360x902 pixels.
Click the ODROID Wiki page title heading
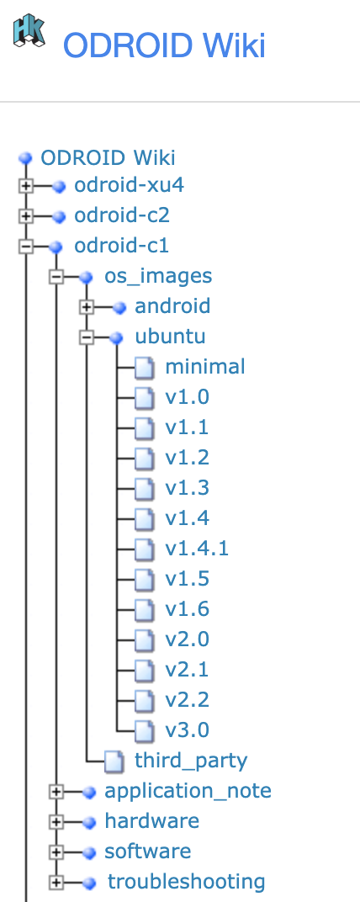(x=164, y=45)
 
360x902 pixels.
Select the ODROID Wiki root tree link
(x=108, y=158)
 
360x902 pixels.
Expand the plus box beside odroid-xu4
(x=26, y=186)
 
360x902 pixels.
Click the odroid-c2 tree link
(x=122, y=215)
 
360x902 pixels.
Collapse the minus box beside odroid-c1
(x=26, y=247)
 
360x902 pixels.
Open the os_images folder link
(x=158, y=276)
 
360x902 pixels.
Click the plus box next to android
(x=87, y=307)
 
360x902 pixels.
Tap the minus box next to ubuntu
(x=87, y=337)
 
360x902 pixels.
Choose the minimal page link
(x=205, y=367)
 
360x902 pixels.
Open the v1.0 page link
(x=187, y=397)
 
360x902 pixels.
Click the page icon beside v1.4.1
(x=146, y=549)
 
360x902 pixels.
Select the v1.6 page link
(x=187, y=609)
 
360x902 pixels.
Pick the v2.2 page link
(x=187, y=700)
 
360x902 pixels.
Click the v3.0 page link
(x=187, y=730)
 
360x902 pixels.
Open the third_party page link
(x=191, y=761)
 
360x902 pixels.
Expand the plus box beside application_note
(x=56, y=792)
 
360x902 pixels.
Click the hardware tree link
(x=151, y=821)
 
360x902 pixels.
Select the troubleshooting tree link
(x=186, y=882)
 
